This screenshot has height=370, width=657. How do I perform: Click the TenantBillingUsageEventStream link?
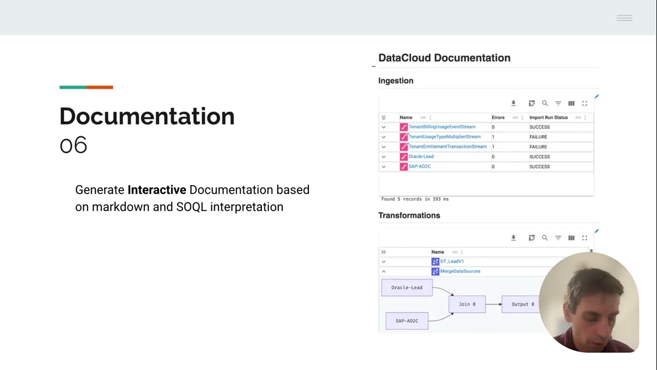[x=442, y=127]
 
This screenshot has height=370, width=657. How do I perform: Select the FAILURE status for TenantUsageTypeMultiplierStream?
[x=538, y=137]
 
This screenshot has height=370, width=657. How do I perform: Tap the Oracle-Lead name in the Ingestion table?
[x=421, y=157]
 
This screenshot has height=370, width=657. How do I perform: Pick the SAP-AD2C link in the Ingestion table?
[x=419, y=166]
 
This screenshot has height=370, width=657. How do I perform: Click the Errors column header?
[x=498, y=118]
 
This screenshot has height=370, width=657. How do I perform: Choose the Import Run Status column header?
[x=548, y=118]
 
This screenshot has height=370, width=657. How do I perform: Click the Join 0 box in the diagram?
[x=467, y=304]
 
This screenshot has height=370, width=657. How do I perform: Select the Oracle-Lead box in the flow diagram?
[x=407, y=287]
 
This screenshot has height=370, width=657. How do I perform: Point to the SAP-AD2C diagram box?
[x=407, y=321]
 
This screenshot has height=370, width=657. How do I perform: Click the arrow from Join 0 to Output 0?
[x=493, y=304]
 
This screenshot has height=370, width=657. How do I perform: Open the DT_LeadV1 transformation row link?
[x=452, y=262]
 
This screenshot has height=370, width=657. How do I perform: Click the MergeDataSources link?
[x=460, y=271]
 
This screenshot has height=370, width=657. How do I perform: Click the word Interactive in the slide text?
[x=157, y=190]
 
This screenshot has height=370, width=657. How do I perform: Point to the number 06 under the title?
[x=73, y=145]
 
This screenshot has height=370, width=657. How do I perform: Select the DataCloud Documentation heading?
[x=444, y=58]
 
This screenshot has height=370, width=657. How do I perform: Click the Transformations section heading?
[x=409, y=215]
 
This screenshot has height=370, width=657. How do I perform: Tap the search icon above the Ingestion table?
[x=545, y=103]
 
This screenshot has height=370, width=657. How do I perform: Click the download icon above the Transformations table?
[x=513, y=238]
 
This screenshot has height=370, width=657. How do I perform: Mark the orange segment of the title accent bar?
[x=100, y=87]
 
